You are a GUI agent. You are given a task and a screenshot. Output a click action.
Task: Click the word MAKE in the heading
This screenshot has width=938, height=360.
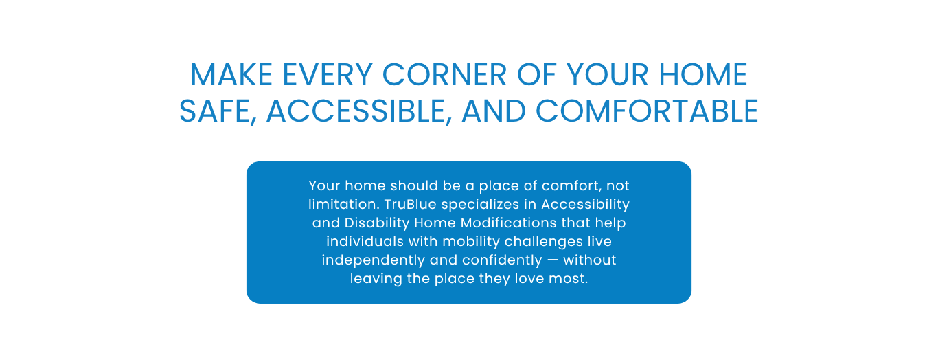231,75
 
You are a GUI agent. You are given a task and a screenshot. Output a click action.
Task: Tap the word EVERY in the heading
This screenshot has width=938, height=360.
328,75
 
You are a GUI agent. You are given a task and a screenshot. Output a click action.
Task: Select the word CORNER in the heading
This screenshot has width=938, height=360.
444,75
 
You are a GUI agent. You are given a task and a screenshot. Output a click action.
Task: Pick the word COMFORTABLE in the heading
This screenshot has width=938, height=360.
647,111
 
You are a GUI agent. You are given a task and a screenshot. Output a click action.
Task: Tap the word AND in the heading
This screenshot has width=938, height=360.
494,111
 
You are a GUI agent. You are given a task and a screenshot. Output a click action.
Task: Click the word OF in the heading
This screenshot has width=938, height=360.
536,75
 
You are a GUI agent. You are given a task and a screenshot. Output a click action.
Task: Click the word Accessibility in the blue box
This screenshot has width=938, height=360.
586,205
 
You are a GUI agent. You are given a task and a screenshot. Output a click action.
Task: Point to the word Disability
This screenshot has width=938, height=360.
377,223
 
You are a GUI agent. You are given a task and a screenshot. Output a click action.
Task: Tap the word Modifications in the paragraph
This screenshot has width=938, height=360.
508,223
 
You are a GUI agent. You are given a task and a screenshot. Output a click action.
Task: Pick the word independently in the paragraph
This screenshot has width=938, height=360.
373,260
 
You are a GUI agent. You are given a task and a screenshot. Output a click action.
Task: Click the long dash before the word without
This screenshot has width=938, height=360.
553,260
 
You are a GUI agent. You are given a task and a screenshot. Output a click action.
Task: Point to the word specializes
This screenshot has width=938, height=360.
487,205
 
